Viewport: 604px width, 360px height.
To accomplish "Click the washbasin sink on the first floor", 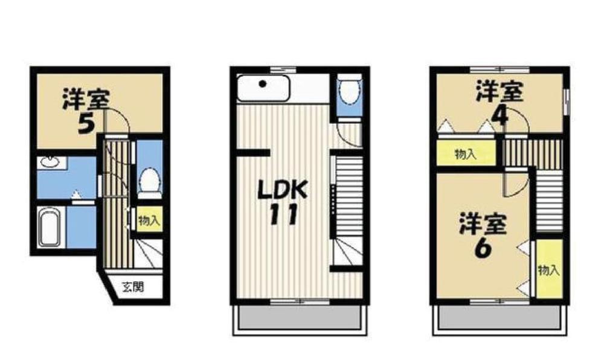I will pos(48,162).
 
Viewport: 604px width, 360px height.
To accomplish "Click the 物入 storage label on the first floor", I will pos(149,221).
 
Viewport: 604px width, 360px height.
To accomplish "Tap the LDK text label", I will pos(283,190).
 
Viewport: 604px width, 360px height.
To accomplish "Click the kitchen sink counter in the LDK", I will pos(263,89).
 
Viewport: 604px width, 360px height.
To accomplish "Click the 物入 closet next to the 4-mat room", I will pos(466,154).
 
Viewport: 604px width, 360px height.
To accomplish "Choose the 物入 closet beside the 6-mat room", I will pos(548,270).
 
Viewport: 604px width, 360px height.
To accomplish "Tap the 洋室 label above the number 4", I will pos(498,92).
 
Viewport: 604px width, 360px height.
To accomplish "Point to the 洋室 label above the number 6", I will pos(482,224).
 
